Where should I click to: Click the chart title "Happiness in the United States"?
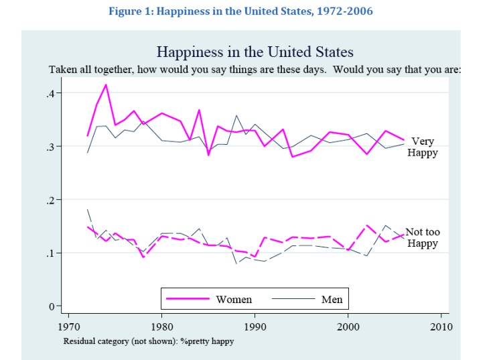tap(255, 52)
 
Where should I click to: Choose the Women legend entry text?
tap(234, 299)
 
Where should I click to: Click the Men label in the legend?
tap(332, 299)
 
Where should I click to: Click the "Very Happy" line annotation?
tap(423, 147)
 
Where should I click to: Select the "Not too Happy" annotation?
tap(423, 238)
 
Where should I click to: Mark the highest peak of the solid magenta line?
tap(106, 84)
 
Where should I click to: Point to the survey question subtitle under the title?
tap(255, 69)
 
